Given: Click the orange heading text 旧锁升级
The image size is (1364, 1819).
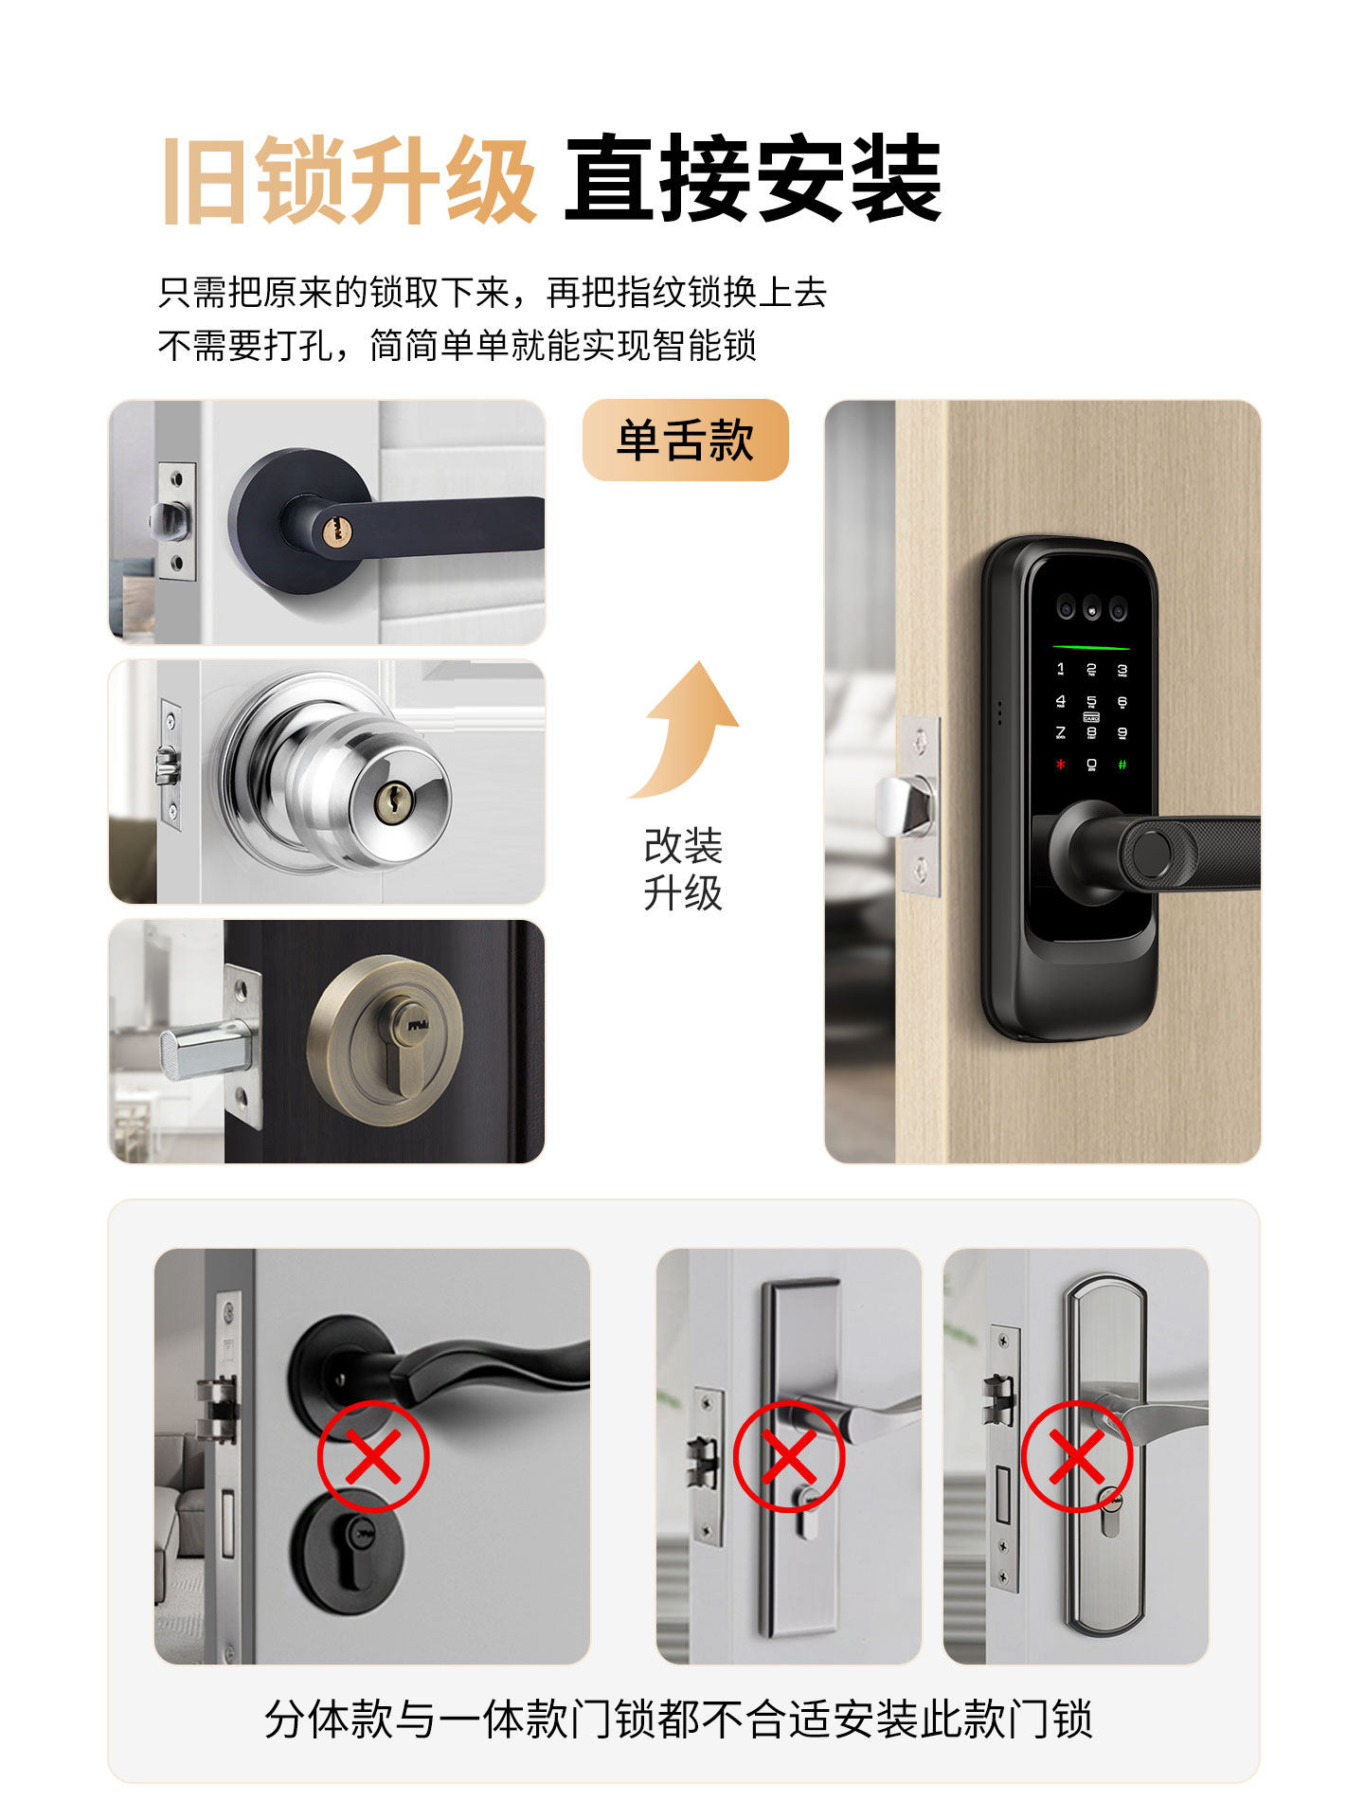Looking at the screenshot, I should click(x=349, y=180).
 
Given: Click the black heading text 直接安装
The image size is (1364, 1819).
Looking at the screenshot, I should click(x=753, y=180).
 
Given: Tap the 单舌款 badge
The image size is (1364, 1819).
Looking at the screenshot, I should click(x=685, y=441).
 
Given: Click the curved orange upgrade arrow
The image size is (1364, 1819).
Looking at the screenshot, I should click(x=687, y=729).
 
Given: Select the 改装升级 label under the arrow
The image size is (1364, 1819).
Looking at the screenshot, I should click(x=683, y=869).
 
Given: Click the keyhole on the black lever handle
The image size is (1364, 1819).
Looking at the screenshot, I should click(x=332, y=530).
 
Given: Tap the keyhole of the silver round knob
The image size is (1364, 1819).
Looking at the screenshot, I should click(x=389, y=804).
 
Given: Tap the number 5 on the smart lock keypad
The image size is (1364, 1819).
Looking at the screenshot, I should click(x=1091, y=702).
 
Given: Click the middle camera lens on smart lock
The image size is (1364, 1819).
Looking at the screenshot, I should click(x=1092, y=610).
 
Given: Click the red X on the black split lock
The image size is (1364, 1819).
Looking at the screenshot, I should click(x=373, y=1456).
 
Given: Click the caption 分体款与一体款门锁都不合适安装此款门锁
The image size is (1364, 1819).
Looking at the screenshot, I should click(x=678, y=1720).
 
